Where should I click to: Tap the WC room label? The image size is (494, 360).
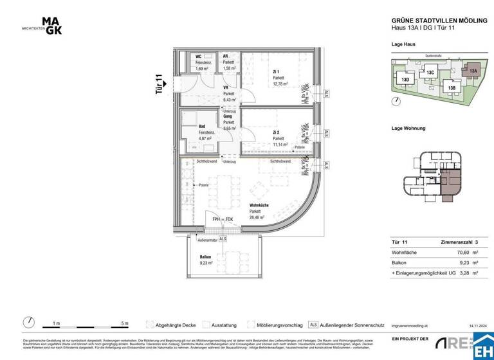[x=199, y=57]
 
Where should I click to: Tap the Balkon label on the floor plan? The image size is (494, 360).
[x=206, y=256]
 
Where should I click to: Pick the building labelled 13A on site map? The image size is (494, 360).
[x=473, y=71]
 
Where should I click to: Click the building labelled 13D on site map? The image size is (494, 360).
[x=405, y=80]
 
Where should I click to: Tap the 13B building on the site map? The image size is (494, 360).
[x=452, y=87]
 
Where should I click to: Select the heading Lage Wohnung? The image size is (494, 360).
[x=408, y=129]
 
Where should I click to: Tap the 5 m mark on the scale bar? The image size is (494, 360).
[x=125, y=323]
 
